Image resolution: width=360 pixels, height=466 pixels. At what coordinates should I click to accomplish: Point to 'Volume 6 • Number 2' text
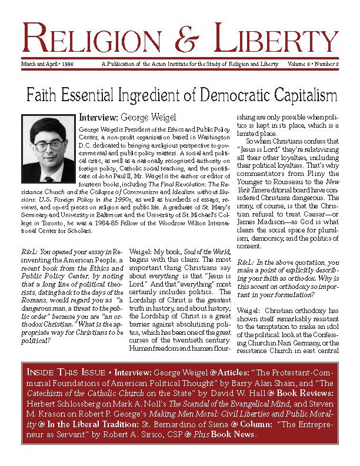[x=314, y=64]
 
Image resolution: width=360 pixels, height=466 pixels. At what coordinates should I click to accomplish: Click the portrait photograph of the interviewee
[x=49, y=142]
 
